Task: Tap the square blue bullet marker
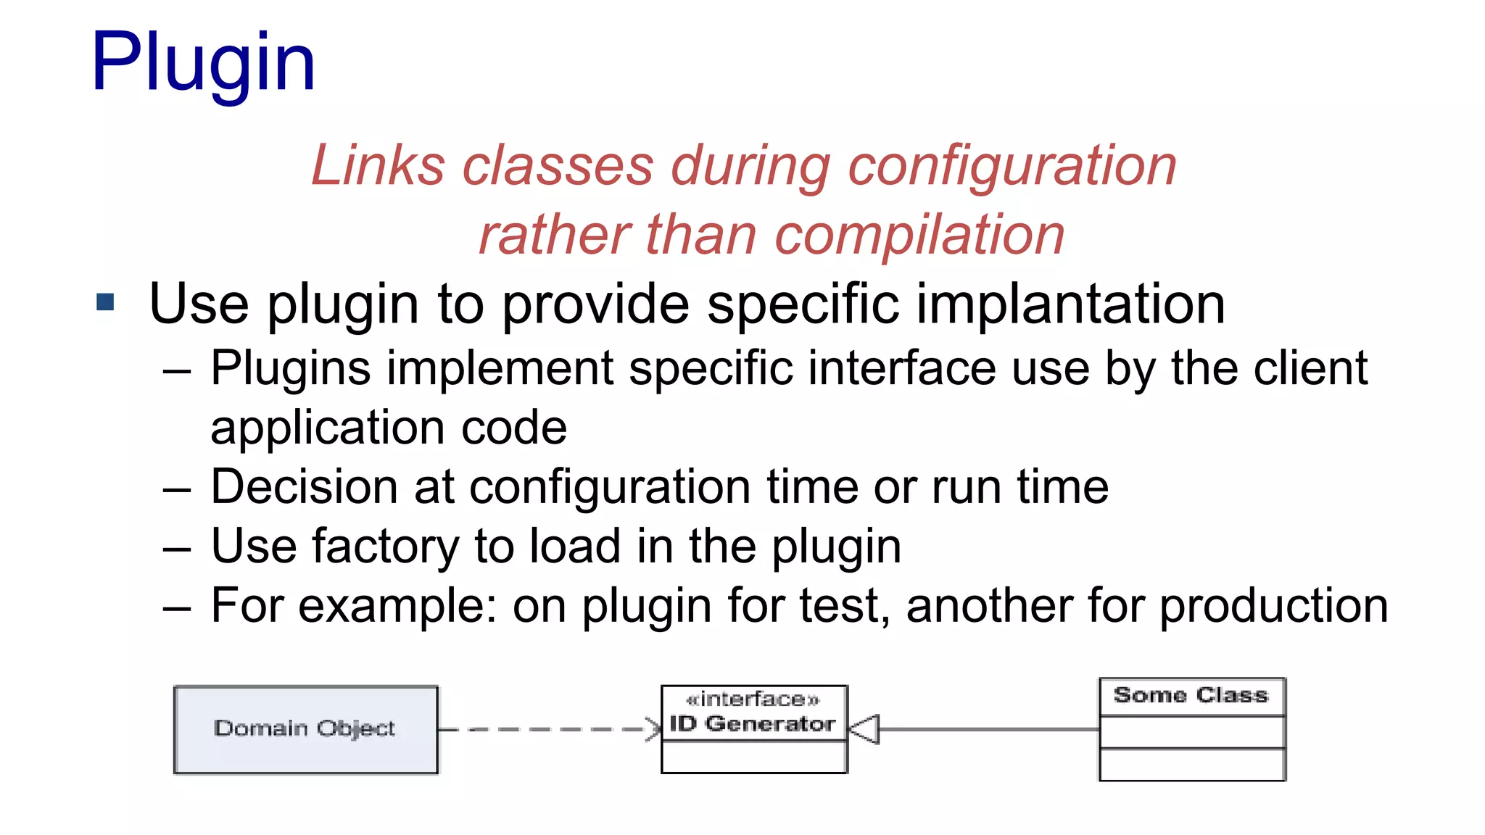point(106,302)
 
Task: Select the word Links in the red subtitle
point(377,165)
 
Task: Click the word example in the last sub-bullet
point(392,607)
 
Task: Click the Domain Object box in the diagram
point(305,729)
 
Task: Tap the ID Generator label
point(753,723)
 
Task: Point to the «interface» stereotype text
point(753,699)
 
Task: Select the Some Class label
point(1191,695)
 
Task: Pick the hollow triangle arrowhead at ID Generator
point(864,729)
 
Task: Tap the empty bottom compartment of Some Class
point(1192,765)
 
